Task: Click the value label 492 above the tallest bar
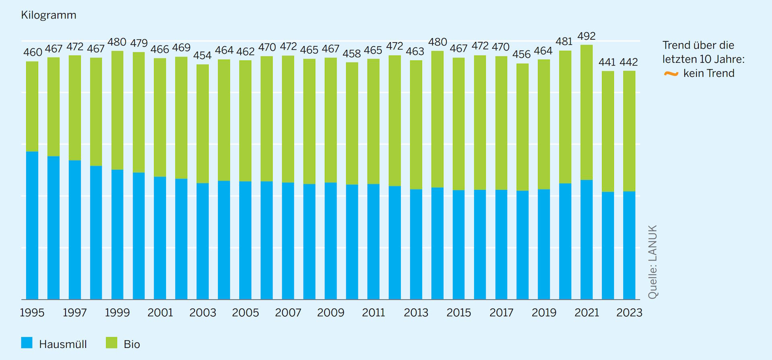[586, 36]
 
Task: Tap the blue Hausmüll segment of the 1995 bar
[32, 225]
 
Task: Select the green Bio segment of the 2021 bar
[587, 113]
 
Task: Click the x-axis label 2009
[331, 313]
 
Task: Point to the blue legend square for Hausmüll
[27, 343]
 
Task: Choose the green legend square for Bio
[111, 343]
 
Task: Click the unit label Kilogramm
[49, 15]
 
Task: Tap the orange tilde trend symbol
[671, 74]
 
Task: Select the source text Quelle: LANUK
[653, 262]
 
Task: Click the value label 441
[607, 62]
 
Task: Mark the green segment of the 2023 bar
[629, 131]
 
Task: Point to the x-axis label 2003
[203, 313]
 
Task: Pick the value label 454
[202, 56]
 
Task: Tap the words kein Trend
[709, 74]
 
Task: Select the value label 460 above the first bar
[33, 53]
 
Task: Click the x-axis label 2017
[501, 313]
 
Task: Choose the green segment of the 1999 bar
[117, 111]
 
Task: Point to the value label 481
[564, 42]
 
